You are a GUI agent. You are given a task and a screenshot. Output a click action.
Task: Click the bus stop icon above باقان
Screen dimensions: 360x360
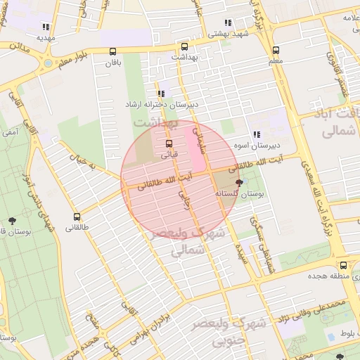(x=113, y=51)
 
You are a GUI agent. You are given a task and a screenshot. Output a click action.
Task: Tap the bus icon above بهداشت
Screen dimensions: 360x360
(x=185, y=45)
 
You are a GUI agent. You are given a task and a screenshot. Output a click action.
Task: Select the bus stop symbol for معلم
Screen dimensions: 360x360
(x=275, y=51)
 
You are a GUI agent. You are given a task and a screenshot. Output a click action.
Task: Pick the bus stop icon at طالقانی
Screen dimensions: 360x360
(x=77, y=217)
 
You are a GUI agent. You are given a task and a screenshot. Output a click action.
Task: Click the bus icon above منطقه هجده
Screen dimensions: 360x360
(x=343, y=266)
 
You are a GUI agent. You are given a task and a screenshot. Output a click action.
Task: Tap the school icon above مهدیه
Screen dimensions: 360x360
(x=46, y=27)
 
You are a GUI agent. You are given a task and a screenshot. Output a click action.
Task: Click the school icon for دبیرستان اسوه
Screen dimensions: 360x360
(x=257, y=134)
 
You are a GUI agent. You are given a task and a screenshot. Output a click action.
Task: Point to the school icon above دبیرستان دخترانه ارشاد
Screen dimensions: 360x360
(x=161, y=94)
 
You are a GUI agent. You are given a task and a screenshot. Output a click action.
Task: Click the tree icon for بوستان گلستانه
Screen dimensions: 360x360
(x=240, y=183)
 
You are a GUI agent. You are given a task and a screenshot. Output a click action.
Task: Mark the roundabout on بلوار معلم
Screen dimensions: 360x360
(x=48, y=62)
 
